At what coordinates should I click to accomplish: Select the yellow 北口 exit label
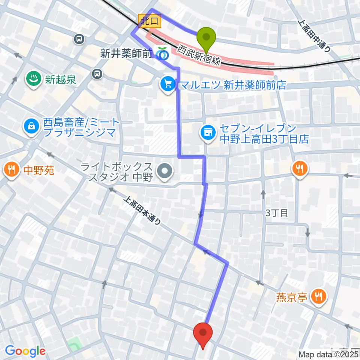[x=150, y=21]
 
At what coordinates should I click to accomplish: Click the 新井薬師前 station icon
[x=162, y=54]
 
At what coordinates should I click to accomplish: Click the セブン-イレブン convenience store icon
[x=207, y=132]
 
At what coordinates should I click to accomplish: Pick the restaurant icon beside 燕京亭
[x=319, y=297]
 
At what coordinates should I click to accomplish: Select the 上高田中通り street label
[x=315, y=35]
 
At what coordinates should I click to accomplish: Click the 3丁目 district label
[x=276, y=213]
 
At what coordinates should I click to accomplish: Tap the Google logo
[x=25, y=351]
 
